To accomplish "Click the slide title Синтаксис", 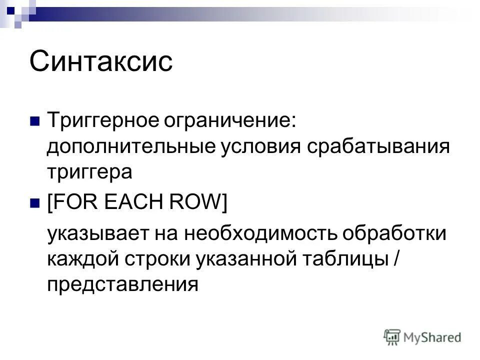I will [101, 62].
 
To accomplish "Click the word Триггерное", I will [99, 121].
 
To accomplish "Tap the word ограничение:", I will [226, 121].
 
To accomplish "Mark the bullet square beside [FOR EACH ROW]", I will [35, 203].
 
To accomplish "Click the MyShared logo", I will [422, 337].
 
